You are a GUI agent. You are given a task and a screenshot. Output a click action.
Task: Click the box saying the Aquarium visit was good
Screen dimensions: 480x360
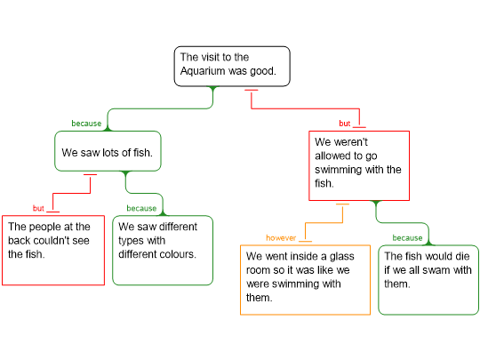(x=232, y=67)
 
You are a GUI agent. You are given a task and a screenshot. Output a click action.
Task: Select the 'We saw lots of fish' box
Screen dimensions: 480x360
(x=108, y=151)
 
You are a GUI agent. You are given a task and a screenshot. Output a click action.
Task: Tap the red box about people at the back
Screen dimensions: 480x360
(x=53, y=251)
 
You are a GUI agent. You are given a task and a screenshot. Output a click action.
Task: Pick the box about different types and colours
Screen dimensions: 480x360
(x=163, y=251)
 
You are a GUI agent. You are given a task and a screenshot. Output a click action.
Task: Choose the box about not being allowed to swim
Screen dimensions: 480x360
(x=359, y=165)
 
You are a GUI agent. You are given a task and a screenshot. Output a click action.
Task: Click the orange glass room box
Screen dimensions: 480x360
(x=305, y=280)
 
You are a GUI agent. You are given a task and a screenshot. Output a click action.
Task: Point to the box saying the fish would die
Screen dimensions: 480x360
(x=428, y=280)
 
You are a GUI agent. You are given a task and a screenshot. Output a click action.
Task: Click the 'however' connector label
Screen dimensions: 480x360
(x=281, y=238)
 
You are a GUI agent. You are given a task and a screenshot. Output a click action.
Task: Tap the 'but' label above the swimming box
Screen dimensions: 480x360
(x=344, y=124)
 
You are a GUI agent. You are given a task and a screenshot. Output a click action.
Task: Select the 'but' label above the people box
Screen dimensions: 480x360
(x=38, y=208)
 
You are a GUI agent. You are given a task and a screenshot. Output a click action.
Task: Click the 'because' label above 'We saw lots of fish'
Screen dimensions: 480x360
(x=86, y=124)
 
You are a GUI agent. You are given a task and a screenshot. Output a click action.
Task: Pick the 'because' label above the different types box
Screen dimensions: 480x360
(x=141, y=208)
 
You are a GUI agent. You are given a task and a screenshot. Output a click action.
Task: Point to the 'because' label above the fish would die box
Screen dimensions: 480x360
(x=407, y=238)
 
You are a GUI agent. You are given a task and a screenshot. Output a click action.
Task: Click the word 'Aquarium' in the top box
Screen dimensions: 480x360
(x=203, y=71)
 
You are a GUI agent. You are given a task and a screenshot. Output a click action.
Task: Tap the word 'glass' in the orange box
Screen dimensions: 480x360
(x=342, y=257)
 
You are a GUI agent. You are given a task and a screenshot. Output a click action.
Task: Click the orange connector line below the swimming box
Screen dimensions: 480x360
(x=324, y=223)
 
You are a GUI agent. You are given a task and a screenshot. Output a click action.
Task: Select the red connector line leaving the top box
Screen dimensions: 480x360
(x=305, y=108)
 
